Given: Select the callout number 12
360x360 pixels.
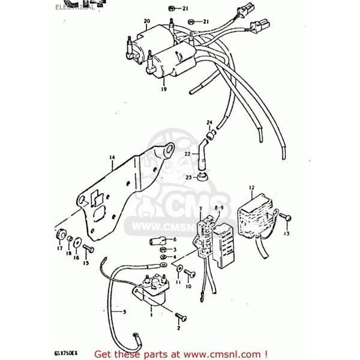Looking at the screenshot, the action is tap(252, 187).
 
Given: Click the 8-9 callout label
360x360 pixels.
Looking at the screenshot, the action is tap(218, 207).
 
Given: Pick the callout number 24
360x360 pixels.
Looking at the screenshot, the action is tap(209, 123).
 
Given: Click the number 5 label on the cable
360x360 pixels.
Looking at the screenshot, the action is tap(124, 311).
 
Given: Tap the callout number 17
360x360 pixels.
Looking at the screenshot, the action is tap(59, 248).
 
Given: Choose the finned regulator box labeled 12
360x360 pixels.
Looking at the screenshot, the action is tap(254, 215).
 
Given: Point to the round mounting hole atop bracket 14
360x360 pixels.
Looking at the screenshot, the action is tap(169, 147).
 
